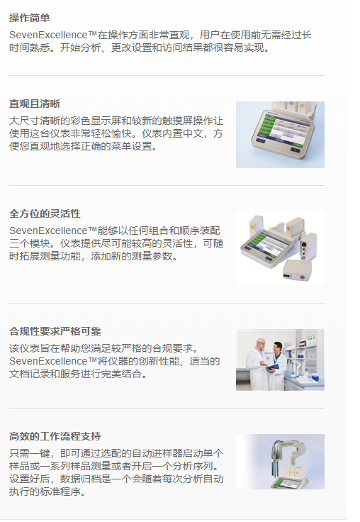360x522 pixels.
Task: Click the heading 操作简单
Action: (x=30, y=17)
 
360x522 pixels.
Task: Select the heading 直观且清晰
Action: (x=35, y=104)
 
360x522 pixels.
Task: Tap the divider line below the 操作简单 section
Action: (x=167, y=75)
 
